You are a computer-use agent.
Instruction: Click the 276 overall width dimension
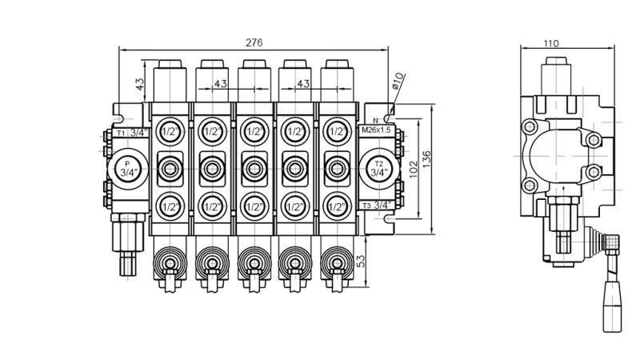254,42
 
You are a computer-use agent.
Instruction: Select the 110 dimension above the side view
551,44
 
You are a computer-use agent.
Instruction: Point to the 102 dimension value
412,170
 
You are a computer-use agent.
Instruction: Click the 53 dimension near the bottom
361,262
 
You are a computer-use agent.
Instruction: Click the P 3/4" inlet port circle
126,168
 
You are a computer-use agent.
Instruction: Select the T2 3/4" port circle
378,168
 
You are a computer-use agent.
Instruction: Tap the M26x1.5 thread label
375,130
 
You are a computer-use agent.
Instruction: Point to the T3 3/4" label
377,206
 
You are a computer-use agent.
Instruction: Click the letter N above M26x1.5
374,120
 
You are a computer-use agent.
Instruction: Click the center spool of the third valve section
254,168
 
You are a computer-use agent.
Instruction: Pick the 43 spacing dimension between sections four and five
303,83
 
